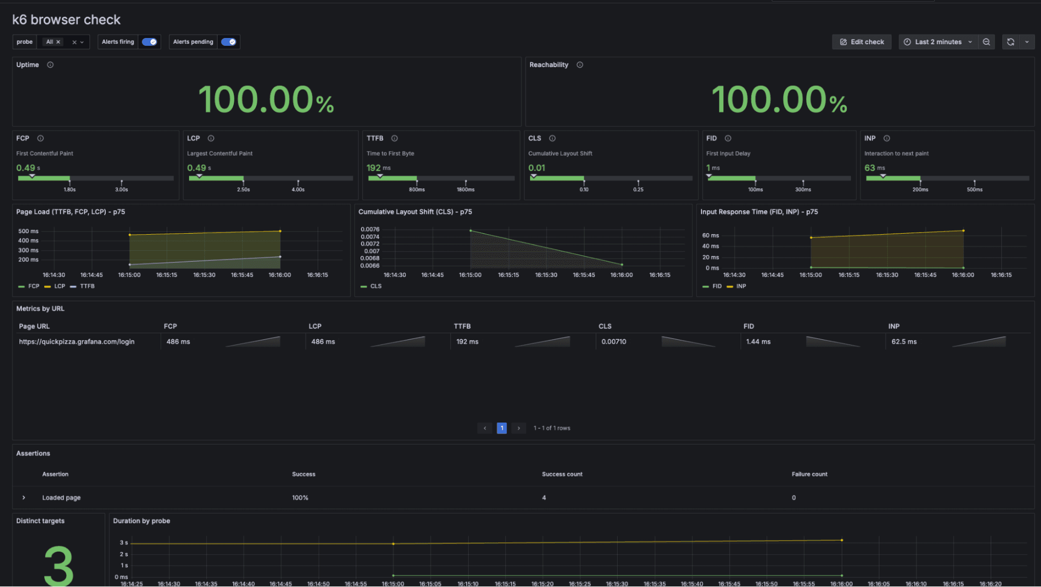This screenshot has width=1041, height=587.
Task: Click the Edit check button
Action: coord(861,42)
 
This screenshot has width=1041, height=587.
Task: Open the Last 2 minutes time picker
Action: coord(938,42)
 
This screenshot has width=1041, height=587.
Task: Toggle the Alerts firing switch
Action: coord(149,42)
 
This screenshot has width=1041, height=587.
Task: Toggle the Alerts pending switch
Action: coord(229,42)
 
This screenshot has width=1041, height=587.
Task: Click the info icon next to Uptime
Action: coord(51,65)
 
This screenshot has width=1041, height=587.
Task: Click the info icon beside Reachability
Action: coord(580,65)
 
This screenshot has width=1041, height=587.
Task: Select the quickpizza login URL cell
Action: coord(77,342)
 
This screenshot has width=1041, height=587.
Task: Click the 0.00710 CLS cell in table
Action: coord(613,342)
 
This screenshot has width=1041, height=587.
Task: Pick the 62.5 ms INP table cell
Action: coord(904,342)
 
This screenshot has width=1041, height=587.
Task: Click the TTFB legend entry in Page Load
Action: coord(87,286)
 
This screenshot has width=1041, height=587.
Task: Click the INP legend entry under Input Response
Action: coord(741,286)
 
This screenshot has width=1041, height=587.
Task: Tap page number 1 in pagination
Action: coord(501,428)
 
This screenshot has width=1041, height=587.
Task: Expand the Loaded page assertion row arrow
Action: coord(24,498)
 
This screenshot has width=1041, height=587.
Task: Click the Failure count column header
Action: coord(809,475)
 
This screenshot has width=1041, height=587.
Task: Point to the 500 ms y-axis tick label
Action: coord(28,231)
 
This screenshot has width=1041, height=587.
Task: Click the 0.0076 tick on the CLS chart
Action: coord(370,229)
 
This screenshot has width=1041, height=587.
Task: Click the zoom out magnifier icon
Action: coord(986,42)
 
